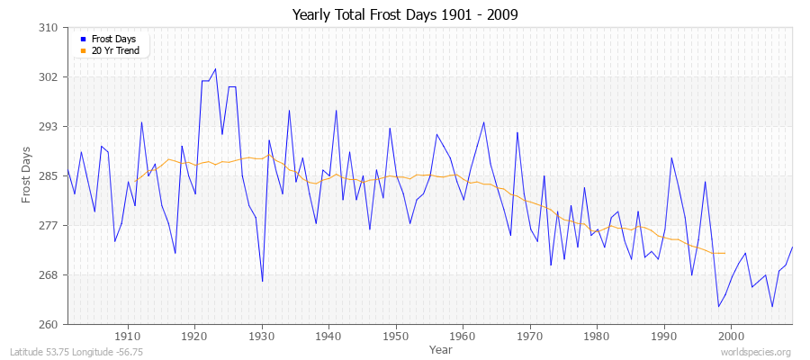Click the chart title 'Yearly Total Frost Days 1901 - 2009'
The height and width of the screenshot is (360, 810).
pyautogui.click(x=404, y=15)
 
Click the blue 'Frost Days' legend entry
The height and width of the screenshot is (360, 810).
pyautogui.click(x=112, y=40)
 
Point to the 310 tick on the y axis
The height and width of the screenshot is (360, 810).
pyautogui.click(x=50, y=28)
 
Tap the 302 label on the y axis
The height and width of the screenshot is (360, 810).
pyautogui.click(x=50, y=77)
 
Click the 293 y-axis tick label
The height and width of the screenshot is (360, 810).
pyautogui.click(x=50, y=127)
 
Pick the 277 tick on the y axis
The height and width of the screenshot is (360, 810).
pyautogui.click(x=50, y=225)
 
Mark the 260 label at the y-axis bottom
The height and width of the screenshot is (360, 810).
pyautogui.click(x=50, y=324)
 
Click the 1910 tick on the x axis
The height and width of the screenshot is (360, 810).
pyautogui.click(x=128, y=336)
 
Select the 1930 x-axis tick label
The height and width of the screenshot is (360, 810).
pyautogui.click(x=262, y=336)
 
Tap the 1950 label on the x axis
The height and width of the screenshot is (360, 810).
pyautogui.click(x=396, y=336)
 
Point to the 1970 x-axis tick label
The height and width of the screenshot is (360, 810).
pyautogui.click(x=530, y=336)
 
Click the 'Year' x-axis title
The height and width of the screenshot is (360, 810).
pyautogui.click(x=441, y=349)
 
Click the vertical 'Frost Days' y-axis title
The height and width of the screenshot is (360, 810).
pyautogui.click(x=27, y=176)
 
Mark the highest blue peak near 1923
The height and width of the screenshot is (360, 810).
pyautogui.click(x=215, y=69)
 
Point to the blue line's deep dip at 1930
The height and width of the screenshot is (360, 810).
pyautogui.click(x=262, y=281)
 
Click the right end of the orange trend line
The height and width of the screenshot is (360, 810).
pyautogui.click(x=724, y=253)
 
